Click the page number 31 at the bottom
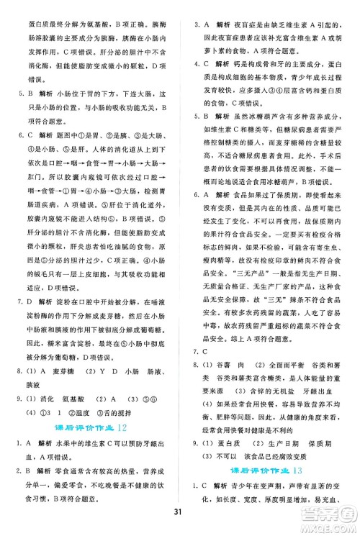(x=180, y=512)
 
